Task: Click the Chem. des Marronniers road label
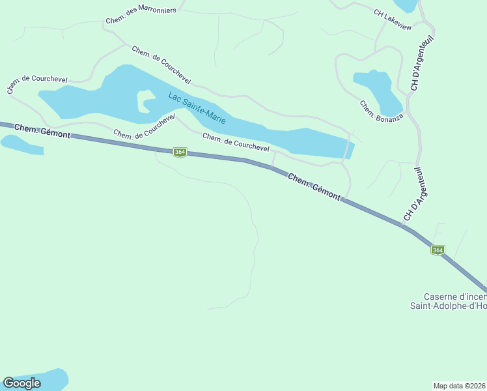point(141,16)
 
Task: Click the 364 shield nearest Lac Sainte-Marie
point(180,152)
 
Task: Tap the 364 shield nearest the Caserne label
point(438,250)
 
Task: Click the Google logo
point(22,383)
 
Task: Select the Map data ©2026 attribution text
point(460,386)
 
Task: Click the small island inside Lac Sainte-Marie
point(143,101)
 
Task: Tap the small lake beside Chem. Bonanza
point(378,88)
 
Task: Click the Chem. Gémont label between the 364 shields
point(314,186)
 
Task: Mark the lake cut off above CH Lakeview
point(406,5)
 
